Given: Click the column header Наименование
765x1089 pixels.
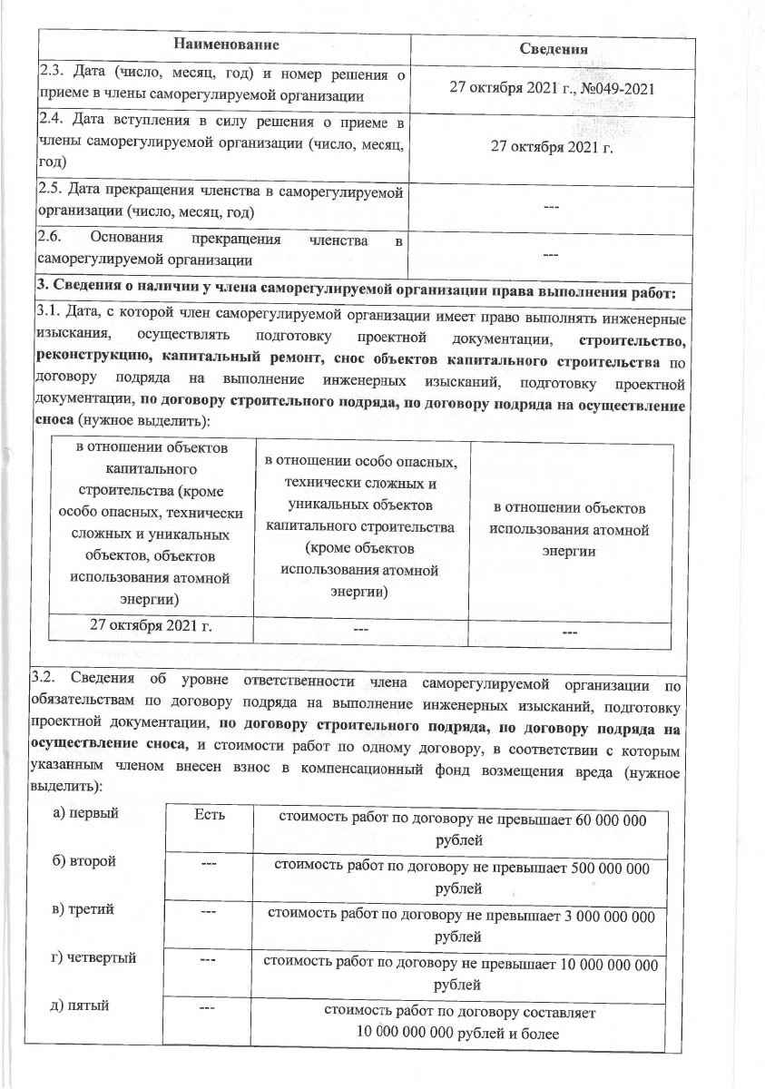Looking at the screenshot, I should (225, 44).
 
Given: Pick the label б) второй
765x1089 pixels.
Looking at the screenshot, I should (85, 859).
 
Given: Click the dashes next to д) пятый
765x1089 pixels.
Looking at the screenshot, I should (208, 1007).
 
